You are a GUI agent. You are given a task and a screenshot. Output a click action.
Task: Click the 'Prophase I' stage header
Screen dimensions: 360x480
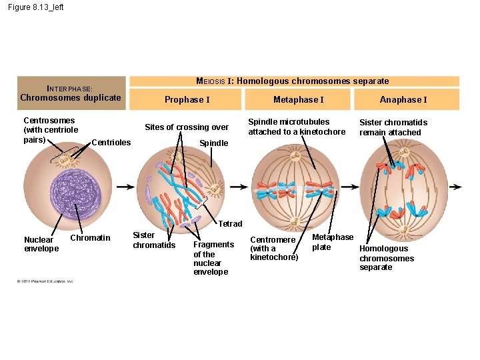tap(187, 100)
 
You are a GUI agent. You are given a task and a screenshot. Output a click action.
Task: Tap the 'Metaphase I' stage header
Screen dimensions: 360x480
tap(298, 100)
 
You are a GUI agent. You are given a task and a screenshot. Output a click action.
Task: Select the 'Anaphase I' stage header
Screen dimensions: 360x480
tap(403, 100)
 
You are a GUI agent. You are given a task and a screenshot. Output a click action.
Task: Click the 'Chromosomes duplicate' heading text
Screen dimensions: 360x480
tap(71, 98)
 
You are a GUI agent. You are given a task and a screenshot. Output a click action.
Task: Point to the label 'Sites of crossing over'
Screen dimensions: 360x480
tap(187, 127)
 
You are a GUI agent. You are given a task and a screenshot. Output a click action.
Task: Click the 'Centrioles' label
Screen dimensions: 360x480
tap(111, 142)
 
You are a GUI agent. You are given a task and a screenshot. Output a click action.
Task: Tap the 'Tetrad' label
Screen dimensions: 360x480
tap(231, 224)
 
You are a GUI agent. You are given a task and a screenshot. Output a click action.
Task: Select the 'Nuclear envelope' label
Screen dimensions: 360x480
tap(41, 244)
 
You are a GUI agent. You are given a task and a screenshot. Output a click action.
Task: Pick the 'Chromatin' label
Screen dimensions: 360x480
tap(90, 238)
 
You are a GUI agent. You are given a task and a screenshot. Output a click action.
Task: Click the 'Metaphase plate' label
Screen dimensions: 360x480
tap(333, 242)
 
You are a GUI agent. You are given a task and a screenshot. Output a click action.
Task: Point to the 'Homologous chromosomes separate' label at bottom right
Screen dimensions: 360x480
tap(387, 258)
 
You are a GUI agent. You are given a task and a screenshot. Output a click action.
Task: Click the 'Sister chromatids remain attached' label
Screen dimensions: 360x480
tap(393, 127)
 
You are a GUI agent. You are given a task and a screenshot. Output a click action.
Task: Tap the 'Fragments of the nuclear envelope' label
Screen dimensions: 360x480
tap(213, 258)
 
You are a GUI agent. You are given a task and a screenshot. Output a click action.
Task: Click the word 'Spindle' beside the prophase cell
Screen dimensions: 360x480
tap(214, 143)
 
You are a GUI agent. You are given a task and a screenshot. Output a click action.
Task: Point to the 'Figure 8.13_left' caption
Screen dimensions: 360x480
tap(36, 7)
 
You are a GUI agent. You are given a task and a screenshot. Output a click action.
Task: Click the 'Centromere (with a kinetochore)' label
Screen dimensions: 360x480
tap(273, 248)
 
